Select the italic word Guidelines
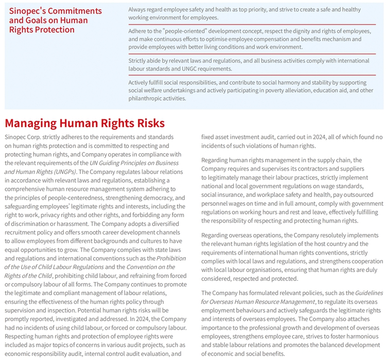(369, 293)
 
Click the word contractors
(299, 169)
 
